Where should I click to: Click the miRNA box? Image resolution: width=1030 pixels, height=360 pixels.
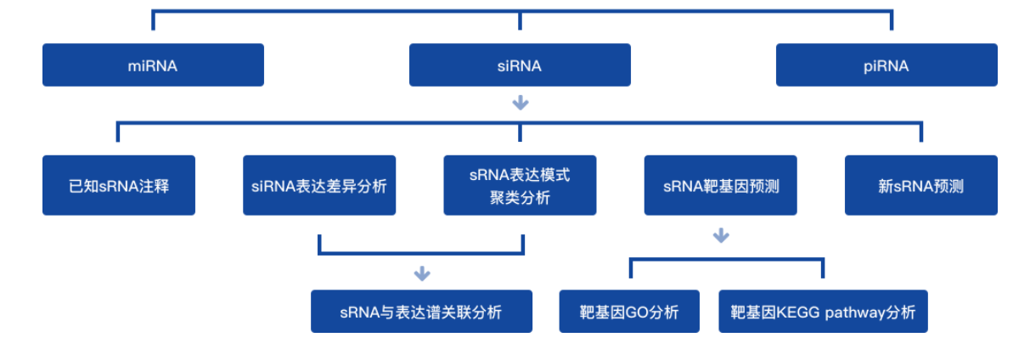click(x=153, y=65)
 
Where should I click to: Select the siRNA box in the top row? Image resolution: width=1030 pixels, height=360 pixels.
click(x=520, y=65)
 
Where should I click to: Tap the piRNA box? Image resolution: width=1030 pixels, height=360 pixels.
click(x=886, y=65)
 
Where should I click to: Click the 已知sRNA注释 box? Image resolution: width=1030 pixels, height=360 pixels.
click(x=119, y=185)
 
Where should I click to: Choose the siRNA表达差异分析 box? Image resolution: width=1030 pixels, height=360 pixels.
click(x=318, y=185)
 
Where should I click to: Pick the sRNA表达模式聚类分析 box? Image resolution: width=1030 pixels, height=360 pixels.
click(x=520, y=185)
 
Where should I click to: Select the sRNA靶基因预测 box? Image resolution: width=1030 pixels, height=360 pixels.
click(x=720, y=185)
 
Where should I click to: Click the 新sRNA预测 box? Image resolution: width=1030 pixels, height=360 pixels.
click(x=920, y=185)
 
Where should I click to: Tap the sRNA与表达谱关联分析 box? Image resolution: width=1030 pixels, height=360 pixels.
click(x=421, y=312)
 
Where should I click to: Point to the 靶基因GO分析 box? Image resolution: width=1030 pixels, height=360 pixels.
click(x=629, y=312)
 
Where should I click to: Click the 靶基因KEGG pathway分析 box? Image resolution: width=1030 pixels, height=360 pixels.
click(x=823, y=312)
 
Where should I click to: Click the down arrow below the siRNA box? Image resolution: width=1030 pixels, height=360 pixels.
click(x=521, y=104)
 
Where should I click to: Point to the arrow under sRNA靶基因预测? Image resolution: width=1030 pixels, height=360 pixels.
click(x=721, y=235)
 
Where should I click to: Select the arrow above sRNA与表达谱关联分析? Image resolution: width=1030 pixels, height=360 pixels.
click(x=422, y=274)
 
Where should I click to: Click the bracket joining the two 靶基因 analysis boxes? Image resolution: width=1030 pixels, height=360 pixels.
click(x=727, y=260)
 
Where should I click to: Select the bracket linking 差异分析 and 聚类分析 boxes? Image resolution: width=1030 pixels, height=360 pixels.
click(x=421, y=252)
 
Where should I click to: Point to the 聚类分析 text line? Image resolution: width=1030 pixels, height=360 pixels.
click(x=520, y=198)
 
